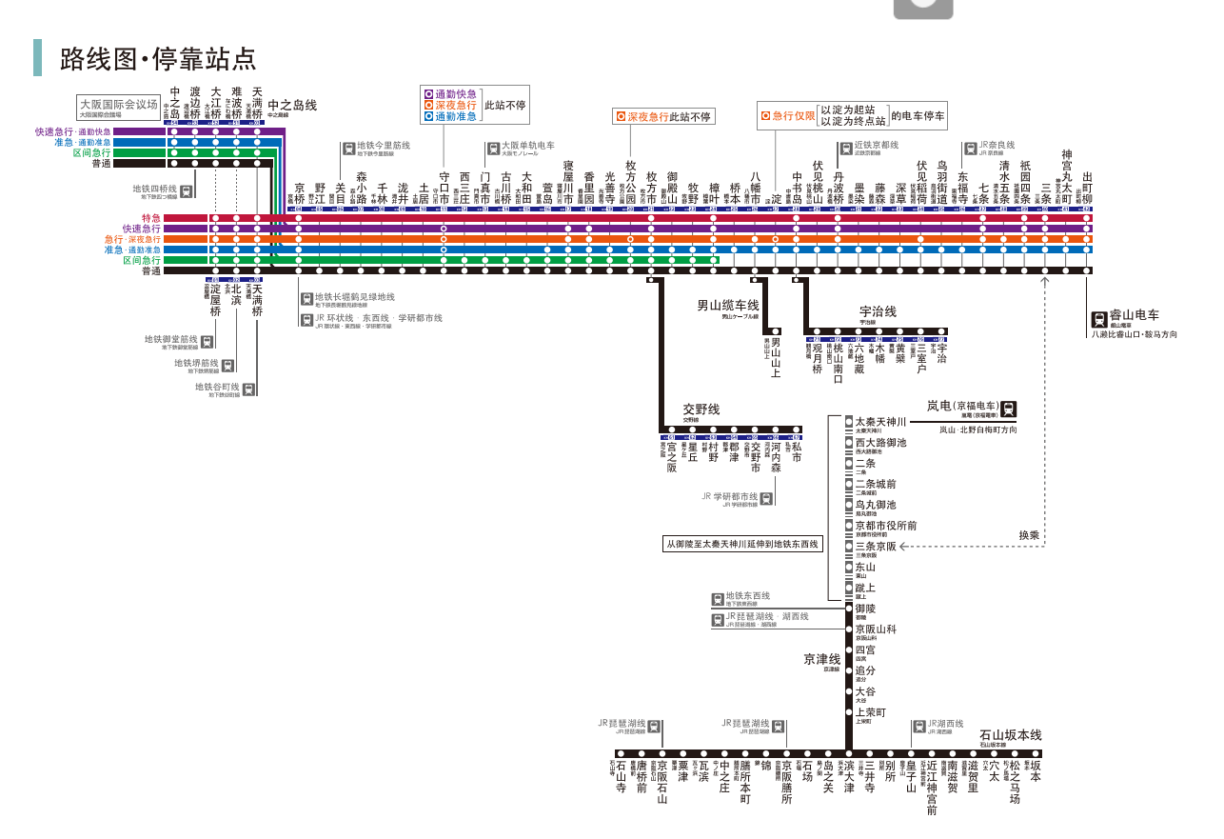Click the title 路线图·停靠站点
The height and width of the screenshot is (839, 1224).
(158, 58)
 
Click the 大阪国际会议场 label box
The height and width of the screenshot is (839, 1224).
(118, 106)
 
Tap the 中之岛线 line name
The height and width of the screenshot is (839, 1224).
(292, 106)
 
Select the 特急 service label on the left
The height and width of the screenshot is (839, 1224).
(150, 218)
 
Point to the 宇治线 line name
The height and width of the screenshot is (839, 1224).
(878, 311)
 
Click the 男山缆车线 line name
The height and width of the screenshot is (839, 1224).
(727, 306)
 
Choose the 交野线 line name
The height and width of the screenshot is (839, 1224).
(701, 409)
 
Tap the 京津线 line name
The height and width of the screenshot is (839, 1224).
(821, 658)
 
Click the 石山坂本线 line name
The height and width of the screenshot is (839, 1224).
(1011, 735)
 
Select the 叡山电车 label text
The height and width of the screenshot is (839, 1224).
(1135, 314)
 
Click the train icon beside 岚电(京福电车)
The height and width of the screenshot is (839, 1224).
(1008, 410)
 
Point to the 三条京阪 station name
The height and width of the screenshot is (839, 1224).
(875, 546)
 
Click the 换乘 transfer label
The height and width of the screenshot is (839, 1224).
(1029, 535)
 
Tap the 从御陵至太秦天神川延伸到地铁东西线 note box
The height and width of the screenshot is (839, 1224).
(743, 545)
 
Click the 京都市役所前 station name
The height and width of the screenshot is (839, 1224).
(885, 525)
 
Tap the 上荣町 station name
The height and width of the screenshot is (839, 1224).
(870, 712)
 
